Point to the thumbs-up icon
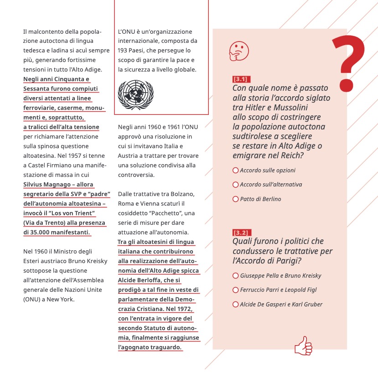click(x=303, y=346)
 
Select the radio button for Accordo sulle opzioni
click(x=235, y=170)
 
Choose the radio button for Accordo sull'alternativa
click(x=235, y=185)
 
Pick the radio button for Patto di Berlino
click(x=235, y=199)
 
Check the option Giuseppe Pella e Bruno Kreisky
click(x=235, y=275)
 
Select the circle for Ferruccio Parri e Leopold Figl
click(x=235, y=290)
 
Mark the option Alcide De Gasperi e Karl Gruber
click(x=235, y=305)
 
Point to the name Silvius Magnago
click(x=44, y=185)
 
